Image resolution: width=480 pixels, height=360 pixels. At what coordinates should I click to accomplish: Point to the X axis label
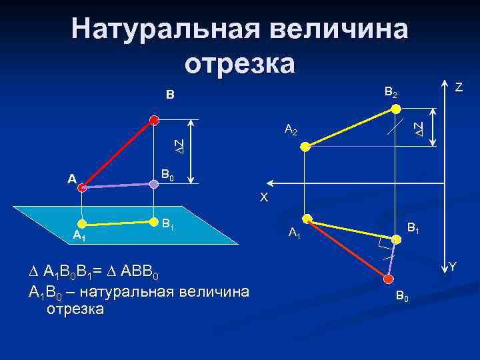[264, 197]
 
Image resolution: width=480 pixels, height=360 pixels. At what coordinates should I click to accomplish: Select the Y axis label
[452, 267]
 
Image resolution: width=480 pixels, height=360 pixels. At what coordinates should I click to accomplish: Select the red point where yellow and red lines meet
[307, 218]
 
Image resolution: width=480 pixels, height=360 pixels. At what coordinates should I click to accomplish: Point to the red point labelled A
[82, 189]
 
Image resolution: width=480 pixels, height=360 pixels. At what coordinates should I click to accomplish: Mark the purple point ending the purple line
[153, 185]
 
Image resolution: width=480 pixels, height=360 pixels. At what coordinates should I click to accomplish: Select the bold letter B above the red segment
[170, 96]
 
